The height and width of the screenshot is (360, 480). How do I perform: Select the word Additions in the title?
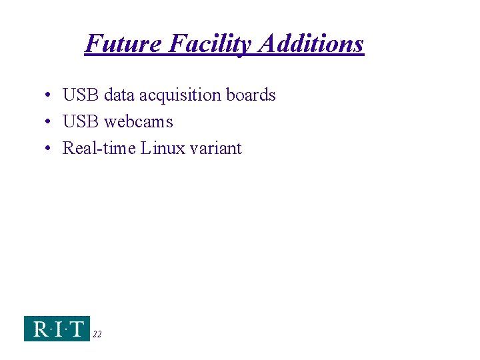[311, 44]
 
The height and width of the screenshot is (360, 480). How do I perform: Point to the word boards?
[251, 95]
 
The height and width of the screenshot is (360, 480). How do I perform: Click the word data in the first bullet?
[119, 95]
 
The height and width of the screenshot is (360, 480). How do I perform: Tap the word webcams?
[139, 122]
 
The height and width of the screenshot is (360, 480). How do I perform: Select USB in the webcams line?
[81, 122]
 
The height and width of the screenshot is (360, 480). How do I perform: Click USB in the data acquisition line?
[81, 95]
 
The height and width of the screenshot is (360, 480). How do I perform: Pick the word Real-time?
[99, 148]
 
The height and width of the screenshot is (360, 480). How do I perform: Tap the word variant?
[215, 148]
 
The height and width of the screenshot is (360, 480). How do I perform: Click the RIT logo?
[57, 328]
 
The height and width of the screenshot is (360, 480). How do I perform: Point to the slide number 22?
[97, 335]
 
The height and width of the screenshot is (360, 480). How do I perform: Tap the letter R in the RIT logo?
[39, 329]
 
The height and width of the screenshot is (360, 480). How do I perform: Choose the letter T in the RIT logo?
[77, 329]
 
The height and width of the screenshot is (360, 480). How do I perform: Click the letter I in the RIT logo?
[59, 329]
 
